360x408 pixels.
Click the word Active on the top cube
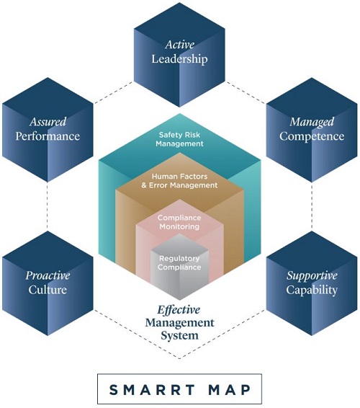coord(179,45)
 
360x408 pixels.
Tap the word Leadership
coord(179,59)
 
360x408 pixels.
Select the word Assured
coord(48,122)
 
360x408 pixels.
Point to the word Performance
coord(48,136)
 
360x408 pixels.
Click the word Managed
coord(312,123)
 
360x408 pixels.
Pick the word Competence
coord(312,136)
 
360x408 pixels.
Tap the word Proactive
coord(48,275)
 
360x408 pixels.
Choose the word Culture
coord(48,290)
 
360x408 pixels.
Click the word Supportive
coord(312,276)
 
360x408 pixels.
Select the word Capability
coord(312,290)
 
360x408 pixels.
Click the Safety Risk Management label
coord(179,139)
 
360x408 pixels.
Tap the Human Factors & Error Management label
coord(179,181)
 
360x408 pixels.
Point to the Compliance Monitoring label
coord(179,222)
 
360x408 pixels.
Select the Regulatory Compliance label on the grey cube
coord(179,263)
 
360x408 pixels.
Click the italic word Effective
coord(179,310)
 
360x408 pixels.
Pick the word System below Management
coord(179,335)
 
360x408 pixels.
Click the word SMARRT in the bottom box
coord(152,390)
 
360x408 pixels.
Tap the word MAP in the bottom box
coord(230,390)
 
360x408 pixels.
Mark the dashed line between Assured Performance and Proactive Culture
coord(48,207)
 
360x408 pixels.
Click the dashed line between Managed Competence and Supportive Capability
coord(312,207)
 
